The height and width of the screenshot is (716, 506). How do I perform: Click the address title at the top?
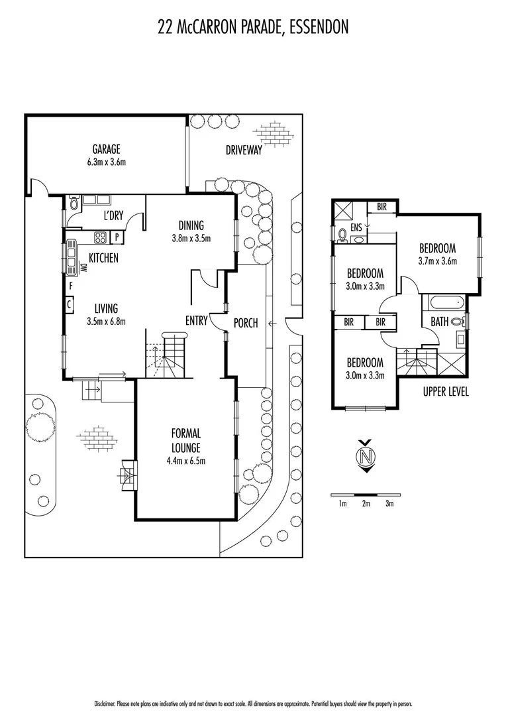coord(253,27)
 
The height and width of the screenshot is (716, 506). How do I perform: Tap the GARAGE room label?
coord(106,149)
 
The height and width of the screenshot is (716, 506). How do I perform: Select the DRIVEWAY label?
coord(244,150)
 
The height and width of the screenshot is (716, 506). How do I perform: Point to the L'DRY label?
coord(115,215)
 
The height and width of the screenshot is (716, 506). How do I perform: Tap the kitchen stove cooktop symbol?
coord(101,237)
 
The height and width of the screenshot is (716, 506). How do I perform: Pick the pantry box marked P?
coord(117,237)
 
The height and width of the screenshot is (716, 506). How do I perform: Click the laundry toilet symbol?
coord(74,204)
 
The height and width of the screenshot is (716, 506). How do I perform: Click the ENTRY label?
coord(196,321)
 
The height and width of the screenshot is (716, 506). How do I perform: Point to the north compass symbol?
coord(364,457)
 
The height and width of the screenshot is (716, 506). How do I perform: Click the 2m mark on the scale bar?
coord(366,504)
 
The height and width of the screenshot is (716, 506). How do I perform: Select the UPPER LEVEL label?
coord(445,392)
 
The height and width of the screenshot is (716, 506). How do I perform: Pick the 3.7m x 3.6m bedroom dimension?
coord(437,260)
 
